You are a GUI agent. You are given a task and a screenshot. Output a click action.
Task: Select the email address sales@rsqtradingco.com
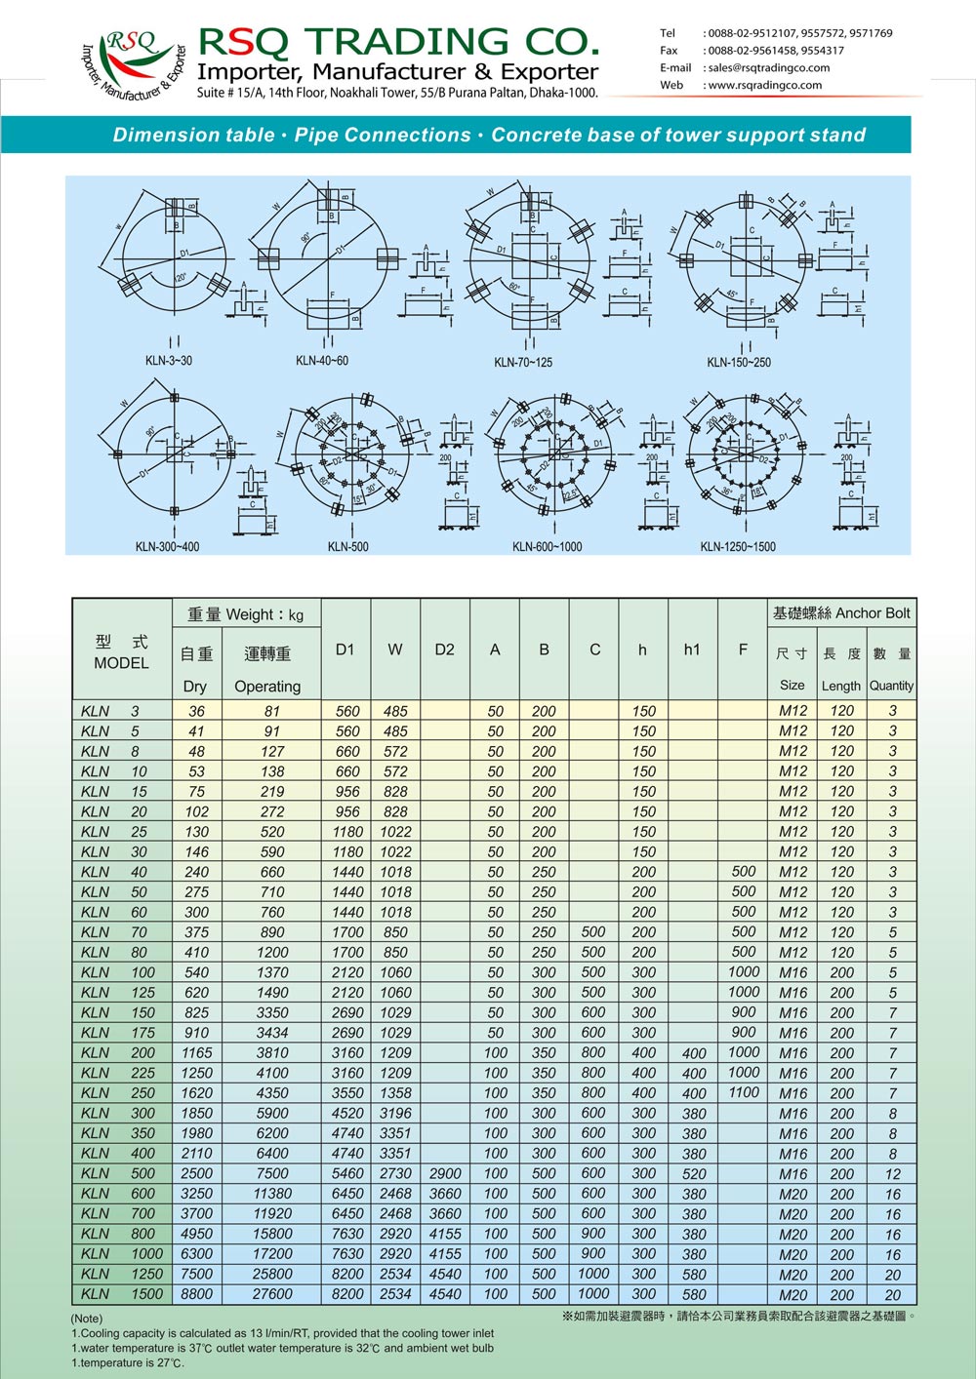(x=768, y=68)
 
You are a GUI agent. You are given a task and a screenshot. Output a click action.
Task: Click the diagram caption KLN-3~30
(x=169, y=361)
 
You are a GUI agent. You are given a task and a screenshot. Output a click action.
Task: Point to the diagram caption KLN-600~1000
(x=547, y=547)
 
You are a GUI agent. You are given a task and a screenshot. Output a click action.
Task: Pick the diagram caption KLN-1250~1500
(x=738, y=547)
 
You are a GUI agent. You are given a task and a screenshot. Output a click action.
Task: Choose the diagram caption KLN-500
(x=348, y=547)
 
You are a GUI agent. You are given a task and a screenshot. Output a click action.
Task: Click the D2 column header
(x=444, y=650)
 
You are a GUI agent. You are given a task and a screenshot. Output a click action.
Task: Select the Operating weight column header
(x=267, y=687)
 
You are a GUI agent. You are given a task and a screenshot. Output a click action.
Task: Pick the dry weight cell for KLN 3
(x=197, y=712)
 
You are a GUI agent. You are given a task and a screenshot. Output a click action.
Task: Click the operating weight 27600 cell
(x=272, y=1294)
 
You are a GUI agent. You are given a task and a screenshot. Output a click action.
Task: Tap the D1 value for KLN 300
(x=347, y=1114)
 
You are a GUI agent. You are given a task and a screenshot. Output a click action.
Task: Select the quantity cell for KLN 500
(x=892, y=1174)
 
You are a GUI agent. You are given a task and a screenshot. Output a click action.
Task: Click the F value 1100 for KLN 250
(x=743, y=1093)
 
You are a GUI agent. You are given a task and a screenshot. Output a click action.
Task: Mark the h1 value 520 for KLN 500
(x=694, y=1174)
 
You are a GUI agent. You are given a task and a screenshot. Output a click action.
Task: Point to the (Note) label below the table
(x=87, y=1319)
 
